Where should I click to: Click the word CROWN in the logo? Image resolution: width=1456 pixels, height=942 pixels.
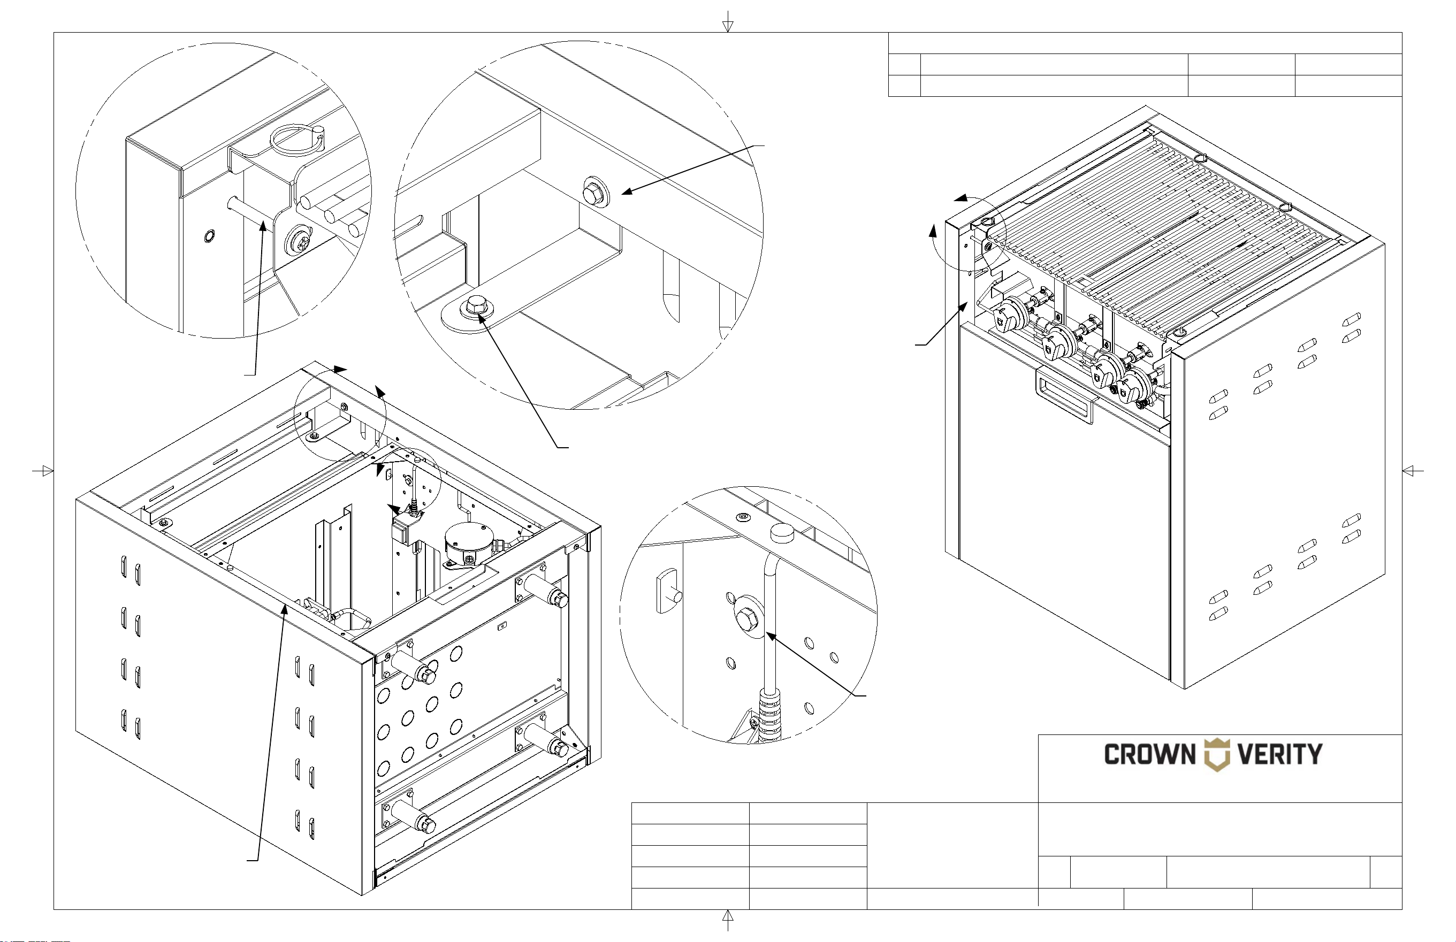(x=1149, y=754)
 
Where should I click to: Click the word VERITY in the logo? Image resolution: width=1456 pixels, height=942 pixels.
(x=1280, y=754)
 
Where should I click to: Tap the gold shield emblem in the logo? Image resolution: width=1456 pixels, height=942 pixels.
(x=1216, y=755)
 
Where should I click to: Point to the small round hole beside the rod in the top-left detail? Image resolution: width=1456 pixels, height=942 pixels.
(x=209, y=236)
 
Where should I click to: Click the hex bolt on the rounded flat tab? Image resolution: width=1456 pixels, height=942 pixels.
(x=475, y=305)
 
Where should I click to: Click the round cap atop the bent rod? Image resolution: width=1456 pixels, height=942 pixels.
(x=781, y=532)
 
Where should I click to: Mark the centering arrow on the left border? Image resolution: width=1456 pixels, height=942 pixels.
(x=43, y=471)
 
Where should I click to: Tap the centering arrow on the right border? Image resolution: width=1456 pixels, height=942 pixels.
(x=1413, y=471)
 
